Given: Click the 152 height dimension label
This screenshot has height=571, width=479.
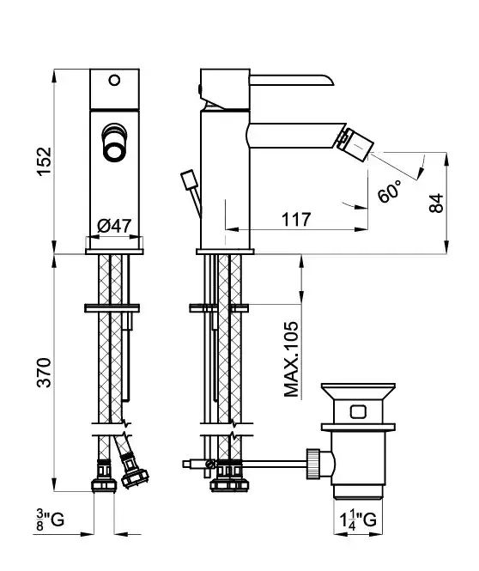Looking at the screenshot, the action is [45, 161].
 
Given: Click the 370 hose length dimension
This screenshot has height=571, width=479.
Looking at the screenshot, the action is [45, 373].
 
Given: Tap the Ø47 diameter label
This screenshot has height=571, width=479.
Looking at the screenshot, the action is [114, 226].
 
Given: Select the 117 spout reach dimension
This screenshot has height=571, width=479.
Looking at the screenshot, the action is [296, 219].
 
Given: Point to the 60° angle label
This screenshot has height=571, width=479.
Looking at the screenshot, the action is [389, 191].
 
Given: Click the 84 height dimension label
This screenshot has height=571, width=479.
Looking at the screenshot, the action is [436, 203].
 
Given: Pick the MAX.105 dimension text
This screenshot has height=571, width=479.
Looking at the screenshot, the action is [291, 359].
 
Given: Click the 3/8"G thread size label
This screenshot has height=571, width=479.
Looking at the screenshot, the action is [51, 519].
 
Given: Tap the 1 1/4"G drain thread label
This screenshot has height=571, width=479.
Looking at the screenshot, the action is [358, 519].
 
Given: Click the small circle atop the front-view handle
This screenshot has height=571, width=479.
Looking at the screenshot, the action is [115, 80].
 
